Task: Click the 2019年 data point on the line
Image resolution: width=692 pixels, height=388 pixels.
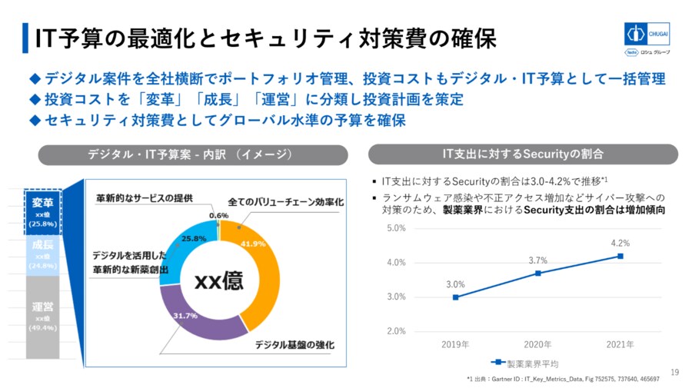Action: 456,297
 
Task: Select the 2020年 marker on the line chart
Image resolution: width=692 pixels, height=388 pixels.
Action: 538,273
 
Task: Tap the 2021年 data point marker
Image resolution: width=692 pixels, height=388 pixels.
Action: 620,256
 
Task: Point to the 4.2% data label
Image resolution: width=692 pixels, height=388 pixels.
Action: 620,244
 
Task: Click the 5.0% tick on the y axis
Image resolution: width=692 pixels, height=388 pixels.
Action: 395,228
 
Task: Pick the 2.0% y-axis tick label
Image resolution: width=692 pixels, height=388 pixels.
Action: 395,331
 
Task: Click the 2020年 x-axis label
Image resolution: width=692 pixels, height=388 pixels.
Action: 538,343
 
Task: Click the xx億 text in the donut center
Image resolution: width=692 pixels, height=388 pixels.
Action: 218,281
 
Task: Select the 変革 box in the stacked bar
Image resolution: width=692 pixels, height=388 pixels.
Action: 42,211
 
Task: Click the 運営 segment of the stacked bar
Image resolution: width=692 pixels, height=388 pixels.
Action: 42,317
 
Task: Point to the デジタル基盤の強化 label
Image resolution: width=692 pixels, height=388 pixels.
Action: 296,345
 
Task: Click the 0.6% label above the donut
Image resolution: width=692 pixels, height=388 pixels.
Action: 218,216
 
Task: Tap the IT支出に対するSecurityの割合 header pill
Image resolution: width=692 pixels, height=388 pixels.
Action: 523,154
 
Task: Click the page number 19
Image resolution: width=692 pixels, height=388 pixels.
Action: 674,373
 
